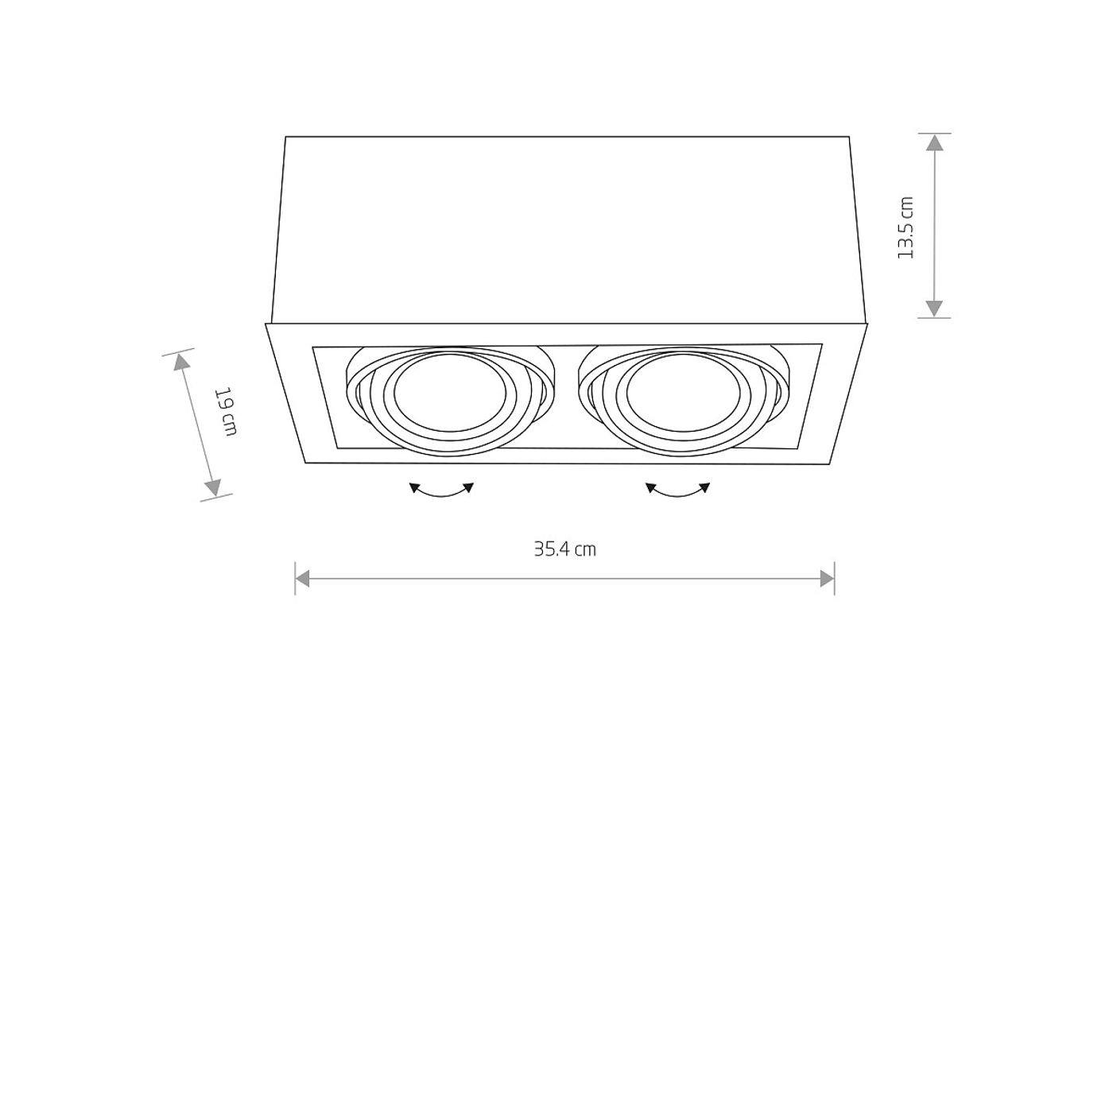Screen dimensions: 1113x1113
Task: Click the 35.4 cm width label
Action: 564,549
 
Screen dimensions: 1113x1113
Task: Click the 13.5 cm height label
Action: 906,227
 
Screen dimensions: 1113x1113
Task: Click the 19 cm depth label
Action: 227,411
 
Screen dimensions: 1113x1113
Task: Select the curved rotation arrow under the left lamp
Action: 441,491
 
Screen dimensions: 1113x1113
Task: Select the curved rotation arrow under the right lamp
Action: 678,491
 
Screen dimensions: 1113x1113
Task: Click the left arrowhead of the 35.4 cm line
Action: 302,578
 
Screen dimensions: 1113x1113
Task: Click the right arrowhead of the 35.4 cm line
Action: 828,578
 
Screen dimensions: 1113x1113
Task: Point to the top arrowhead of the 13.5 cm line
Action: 935,143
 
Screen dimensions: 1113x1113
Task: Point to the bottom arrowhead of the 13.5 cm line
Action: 935,308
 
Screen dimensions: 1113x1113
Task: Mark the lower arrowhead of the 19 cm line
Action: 213,487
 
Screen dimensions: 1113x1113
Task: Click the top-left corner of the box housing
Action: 285,138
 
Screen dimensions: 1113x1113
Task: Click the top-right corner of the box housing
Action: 849,138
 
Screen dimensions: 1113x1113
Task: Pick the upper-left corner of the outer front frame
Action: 266,324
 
